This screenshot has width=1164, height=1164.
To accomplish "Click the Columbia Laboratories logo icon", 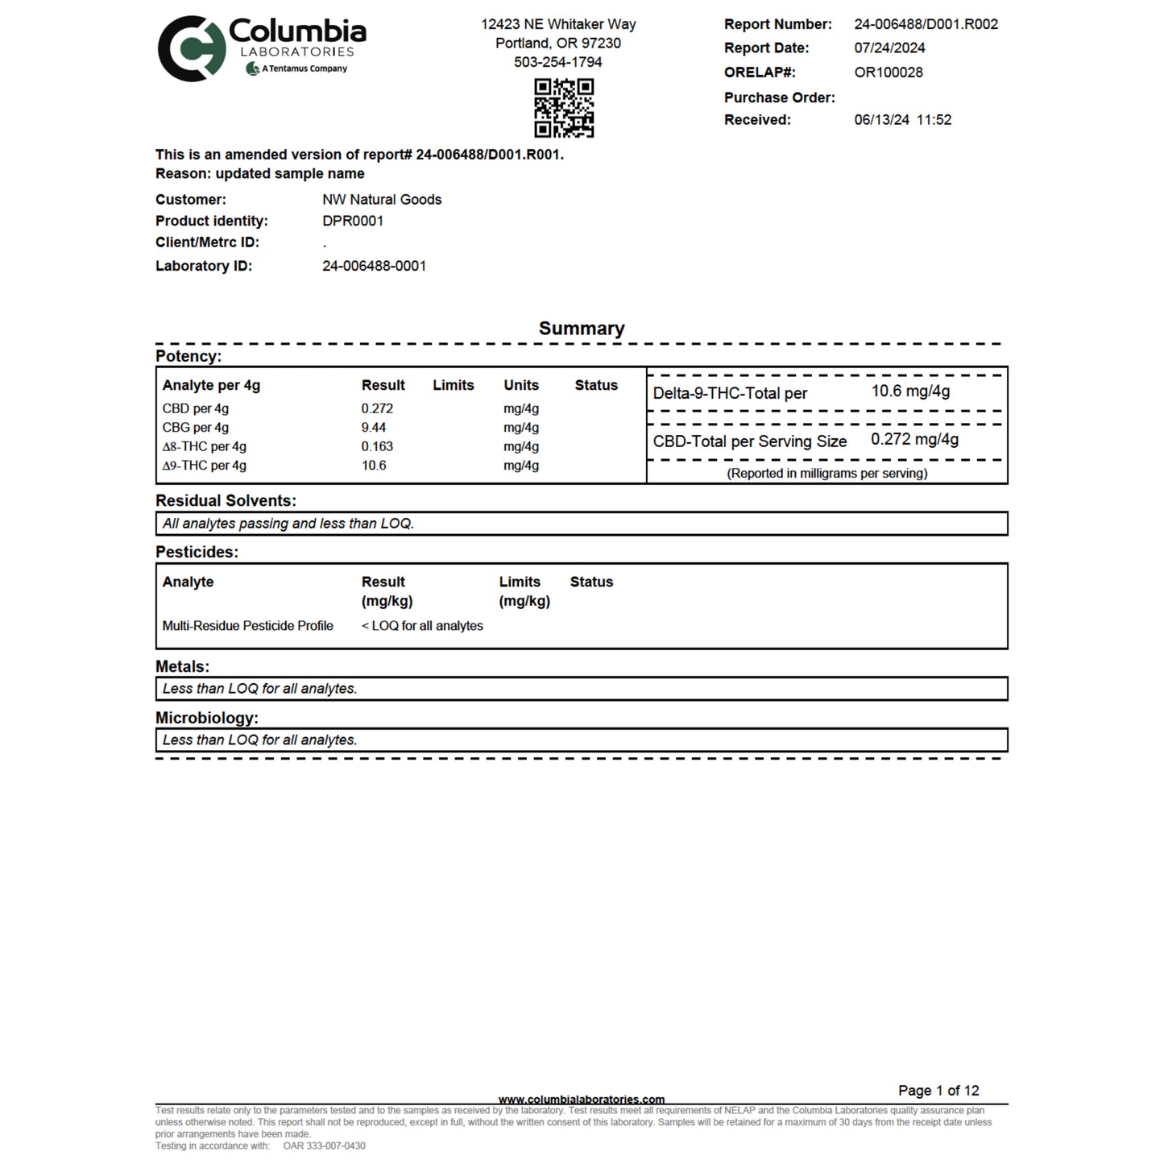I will (192, 49).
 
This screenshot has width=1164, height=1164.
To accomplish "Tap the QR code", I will (564, 108).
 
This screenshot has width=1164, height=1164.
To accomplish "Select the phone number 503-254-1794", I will (557, 62).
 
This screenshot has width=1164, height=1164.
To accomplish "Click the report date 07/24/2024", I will (889, 48).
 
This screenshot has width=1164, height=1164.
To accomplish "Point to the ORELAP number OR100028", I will (889, 72).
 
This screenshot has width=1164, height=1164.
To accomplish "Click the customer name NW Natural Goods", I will (382, 200).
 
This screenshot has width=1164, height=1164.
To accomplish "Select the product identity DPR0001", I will (353, 222).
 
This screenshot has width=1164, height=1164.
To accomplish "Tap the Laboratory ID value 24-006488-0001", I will (374, 266).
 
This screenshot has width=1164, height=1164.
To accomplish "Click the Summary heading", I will (582, 329).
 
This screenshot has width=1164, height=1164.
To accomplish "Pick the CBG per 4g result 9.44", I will (374, 428).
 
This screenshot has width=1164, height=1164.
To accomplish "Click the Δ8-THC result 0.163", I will (377, 446).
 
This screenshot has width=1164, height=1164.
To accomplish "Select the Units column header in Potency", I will (521, 386).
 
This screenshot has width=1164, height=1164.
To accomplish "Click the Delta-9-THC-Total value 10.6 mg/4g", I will (910, 391).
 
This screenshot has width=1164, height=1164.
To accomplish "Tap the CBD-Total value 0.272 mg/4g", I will (914, 440).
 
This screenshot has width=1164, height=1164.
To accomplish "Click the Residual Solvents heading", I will (226, 501).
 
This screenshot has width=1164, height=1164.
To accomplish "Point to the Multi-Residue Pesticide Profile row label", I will (247, 626).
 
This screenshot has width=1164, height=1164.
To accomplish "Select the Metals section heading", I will (182, 667).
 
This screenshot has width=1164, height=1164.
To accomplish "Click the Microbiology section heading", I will (206, 718).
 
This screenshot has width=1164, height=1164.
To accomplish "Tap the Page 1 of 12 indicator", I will (938, 1091).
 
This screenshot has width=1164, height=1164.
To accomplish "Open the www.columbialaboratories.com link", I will (582, 1100).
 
